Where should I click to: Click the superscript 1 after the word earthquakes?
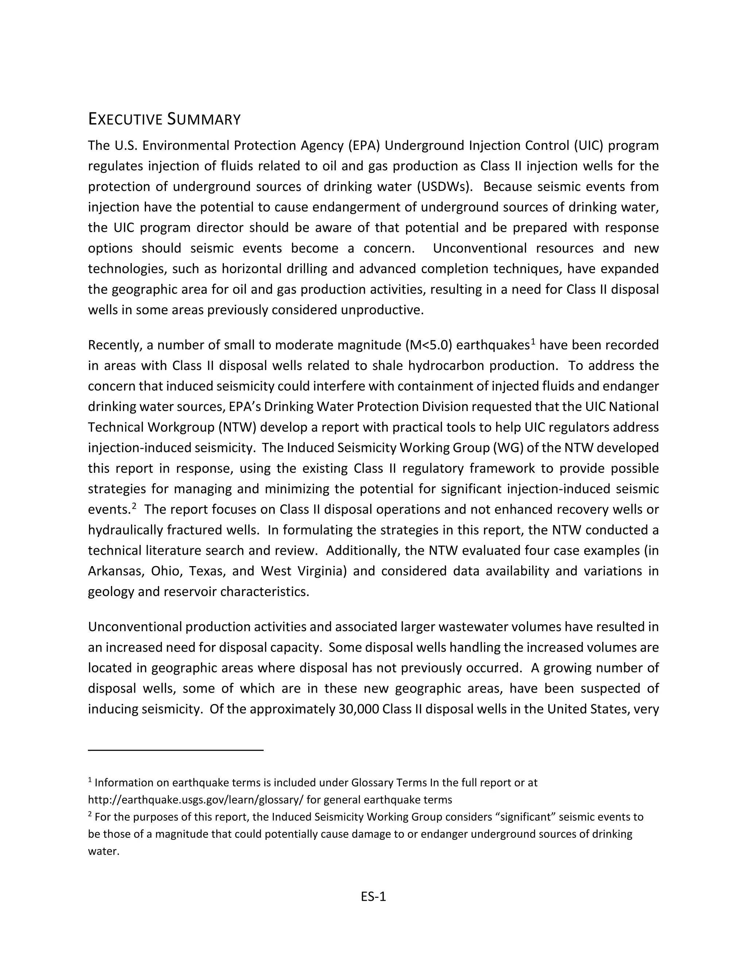coord(533,342)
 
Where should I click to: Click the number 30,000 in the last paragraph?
coord(359,709)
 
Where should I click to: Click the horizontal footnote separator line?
coord(176,750)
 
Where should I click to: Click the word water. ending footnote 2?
coord(104,852)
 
